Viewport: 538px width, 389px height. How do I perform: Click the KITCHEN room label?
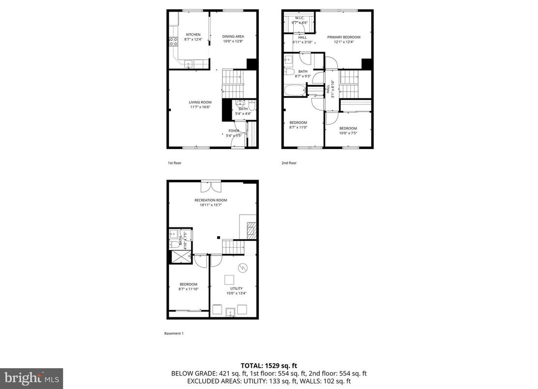(193, 34)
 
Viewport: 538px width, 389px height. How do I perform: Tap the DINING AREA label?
(233, 36)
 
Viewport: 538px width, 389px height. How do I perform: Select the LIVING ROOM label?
(200, 102)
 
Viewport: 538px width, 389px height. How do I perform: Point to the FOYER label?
(234, 131)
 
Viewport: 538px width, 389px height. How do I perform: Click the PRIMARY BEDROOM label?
(344, 37)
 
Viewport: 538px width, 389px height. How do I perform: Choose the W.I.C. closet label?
(299, 18)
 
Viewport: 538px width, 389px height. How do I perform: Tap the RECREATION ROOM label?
(210, 200)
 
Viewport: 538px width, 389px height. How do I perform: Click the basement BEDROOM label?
(188, 284)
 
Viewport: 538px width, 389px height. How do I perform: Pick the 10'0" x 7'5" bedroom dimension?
(348, 133)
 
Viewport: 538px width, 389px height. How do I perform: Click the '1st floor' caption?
(174, 163)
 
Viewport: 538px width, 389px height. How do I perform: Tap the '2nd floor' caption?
(289, 163)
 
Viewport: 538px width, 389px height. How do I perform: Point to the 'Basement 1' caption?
(174, 333)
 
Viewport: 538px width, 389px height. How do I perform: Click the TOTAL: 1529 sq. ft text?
(269, 365)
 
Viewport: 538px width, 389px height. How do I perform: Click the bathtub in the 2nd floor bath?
(295, 90)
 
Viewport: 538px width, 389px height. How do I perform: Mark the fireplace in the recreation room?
(252, 229)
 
